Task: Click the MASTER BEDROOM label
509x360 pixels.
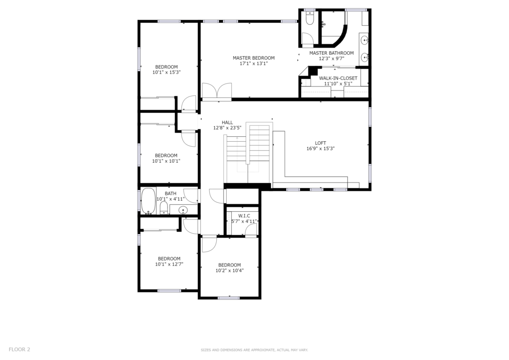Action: pos(254,58)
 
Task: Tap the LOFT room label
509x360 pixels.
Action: pos(321,143)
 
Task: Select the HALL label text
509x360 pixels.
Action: pos(227,122)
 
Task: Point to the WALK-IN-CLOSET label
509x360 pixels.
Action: pos(338,78)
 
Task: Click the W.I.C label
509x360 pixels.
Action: pos(244,216)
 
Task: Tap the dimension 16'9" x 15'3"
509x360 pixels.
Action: pos(321,149)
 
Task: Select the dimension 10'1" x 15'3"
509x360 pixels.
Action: pos(167,73)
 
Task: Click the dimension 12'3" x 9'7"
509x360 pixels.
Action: pos(332,59)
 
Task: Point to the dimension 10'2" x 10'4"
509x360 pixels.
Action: pos(230,270)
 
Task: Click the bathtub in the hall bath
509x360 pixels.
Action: pos(148,201)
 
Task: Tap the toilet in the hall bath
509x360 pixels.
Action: pos(164,208)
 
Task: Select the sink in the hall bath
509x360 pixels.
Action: pos(183,210)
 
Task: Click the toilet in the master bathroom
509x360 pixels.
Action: pos(310,19)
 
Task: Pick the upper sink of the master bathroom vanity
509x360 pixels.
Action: pos(365,41)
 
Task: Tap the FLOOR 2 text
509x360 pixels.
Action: pos(19,349)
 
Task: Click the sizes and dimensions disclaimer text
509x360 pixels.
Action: pos(254,350)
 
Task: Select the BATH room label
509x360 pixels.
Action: pos(170,193)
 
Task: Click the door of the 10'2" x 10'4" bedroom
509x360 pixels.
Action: pos(209,245)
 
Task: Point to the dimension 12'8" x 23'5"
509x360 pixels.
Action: pos(227,128)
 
